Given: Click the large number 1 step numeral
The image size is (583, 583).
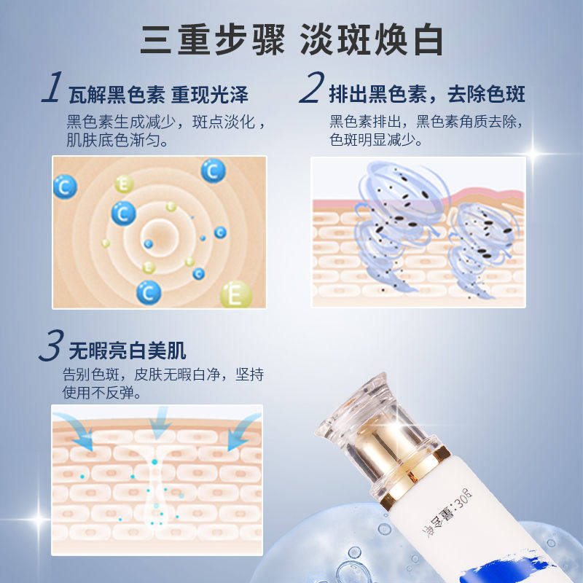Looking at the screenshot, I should (x=52, y=90).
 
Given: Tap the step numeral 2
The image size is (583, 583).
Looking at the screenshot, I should (x=310, y=90).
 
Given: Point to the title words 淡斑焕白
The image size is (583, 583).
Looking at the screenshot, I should (x=372, y=40).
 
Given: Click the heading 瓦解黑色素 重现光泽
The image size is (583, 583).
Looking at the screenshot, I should (x=158, y=95).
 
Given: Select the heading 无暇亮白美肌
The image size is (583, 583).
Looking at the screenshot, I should (x=127, y=352).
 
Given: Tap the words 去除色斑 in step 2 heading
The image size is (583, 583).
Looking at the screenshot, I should (x=492, y=95).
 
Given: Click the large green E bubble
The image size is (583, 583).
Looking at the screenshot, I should (x=236, y=294).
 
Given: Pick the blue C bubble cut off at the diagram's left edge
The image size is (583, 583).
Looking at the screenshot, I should (x=65, y=187).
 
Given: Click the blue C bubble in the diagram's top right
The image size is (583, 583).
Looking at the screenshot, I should (x=213, y=171).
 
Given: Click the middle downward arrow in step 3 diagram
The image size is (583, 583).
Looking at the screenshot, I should (x=158, y=423).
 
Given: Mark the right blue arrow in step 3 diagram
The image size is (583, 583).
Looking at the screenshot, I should (x=242, y=431).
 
